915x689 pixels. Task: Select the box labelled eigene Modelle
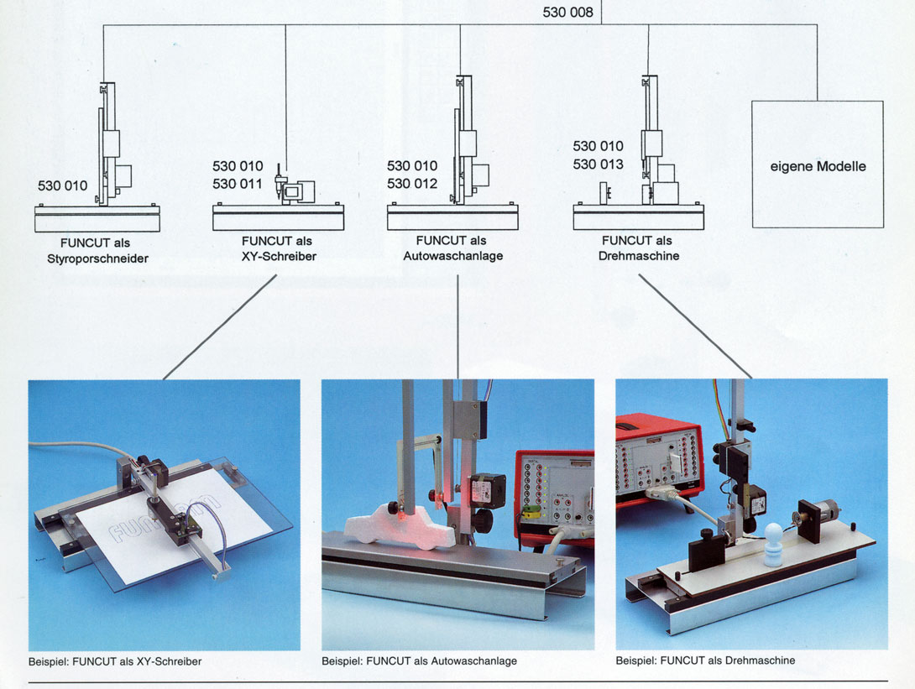coord(817,164)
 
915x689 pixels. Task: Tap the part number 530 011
coord(238,184)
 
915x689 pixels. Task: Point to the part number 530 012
coord(412,184)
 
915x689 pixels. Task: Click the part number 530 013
coord(598,164)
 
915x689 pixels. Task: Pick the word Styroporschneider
coord(98,258)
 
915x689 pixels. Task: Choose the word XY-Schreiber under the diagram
coord(276,256)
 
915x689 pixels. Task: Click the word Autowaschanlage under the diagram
coord(452,255)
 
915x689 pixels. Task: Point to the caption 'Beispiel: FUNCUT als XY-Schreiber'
coord(115,661)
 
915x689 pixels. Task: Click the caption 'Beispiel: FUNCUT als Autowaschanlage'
coord(419,661)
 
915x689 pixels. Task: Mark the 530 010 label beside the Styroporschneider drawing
coord(62,185)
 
